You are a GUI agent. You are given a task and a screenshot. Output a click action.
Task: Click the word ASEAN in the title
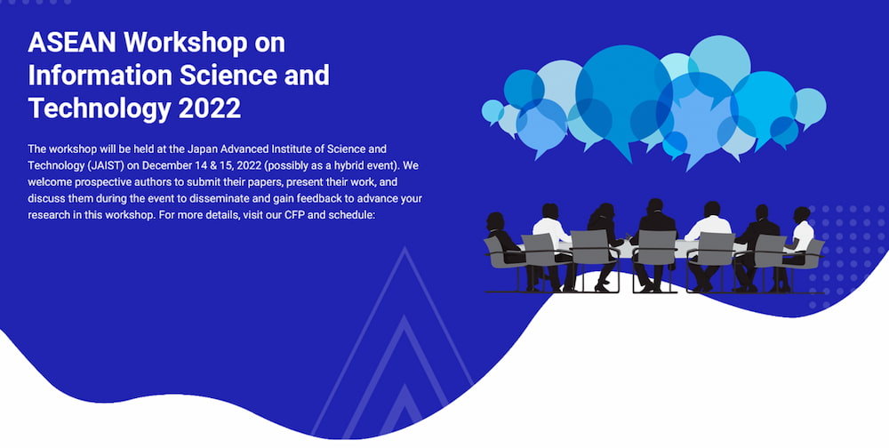72,43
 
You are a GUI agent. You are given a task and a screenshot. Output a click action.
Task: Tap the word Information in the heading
100,76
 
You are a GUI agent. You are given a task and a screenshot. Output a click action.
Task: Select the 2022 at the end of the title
210,108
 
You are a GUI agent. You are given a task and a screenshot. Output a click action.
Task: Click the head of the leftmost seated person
495,220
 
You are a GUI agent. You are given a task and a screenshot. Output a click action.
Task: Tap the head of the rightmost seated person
802,215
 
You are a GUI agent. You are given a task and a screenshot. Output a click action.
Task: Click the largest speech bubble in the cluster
624,93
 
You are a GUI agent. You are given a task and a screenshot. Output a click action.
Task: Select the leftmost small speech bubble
493,111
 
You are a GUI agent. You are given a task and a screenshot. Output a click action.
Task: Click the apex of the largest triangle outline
404,247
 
